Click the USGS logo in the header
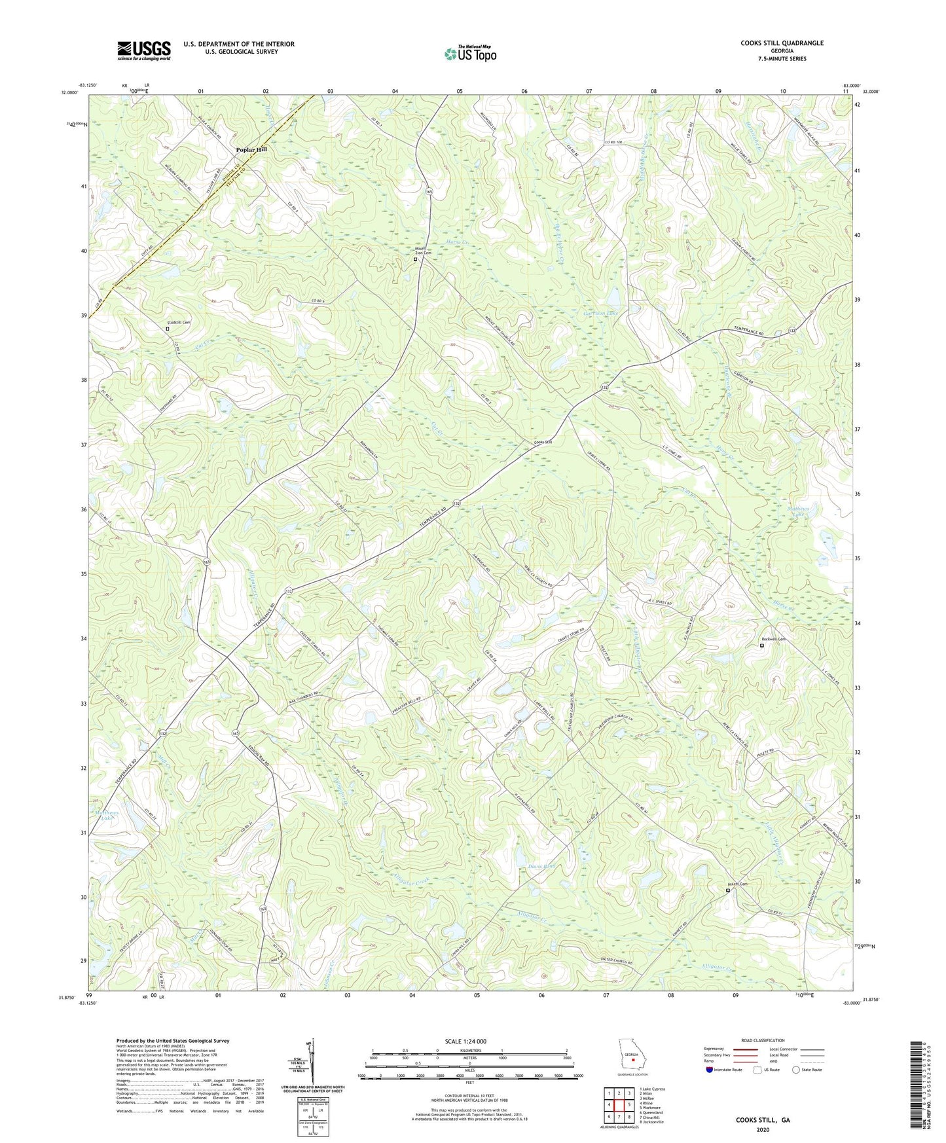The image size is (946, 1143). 144,50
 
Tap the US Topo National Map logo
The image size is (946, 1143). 469,54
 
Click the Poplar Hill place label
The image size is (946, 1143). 251,150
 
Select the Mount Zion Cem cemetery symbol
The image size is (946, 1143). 415,259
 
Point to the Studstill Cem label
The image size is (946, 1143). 177,323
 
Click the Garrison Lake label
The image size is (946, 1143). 600,314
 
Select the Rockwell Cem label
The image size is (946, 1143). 773,640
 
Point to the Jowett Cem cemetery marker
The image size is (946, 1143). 728,890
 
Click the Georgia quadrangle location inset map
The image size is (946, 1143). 632,1058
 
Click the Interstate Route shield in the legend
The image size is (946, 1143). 710,1070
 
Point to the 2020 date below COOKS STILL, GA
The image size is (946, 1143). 762,1130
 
